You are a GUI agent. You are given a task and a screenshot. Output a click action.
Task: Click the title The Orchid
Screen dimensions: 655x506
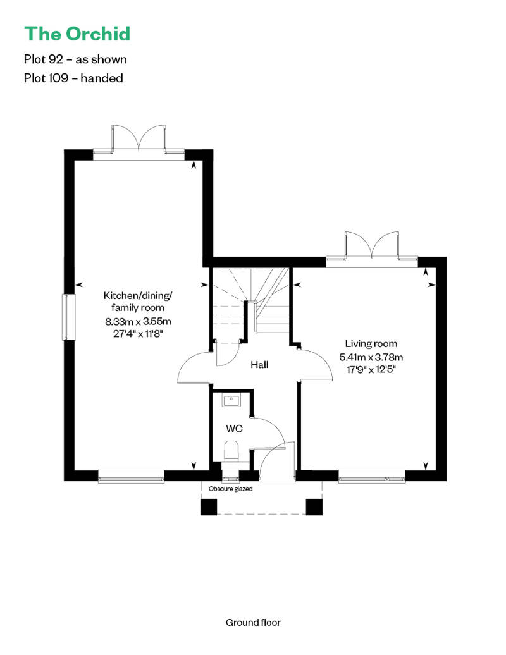tap(77, 34)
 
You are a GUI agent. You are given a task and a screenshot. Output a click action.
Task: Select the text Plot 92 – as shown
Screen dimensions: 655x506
tap(75, 59)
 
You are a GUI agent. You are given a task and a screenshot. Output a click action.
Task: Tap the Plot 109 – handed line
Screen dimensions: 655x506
tap(73, 78)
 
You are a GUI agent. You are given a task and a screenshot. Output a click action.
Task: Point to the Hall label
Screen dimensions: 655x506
tap(259, 365)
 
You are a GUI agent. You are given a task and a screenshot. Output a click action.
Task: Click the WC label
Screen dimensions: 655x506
tap(234, 429)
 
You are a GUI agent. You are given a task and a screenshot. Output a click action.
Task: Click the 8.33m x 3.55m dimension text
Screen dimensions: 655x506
tap(138, 321)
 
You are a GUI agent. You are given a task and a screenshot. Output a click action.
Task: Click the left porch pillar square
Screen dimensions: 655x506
tap(209, 507)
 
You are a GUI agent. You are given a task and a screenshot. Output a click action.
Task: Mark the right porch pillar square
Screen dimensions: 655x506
tap(314, 507)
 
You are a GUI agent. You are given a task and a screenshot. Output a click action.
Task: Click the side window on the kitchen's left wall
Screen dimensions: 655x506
tap(68, 316)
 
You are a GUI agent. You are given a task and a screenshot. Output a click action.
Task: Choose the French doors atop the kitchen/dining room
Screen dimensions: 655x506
tap(139, 138)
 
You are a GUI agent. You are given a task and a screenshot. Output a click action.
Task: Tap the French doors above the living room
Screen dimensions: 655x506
tap(371, 247)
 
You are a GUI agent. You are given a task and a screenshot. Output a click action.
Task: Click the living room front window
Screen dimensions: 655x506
tap(372, 475)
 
